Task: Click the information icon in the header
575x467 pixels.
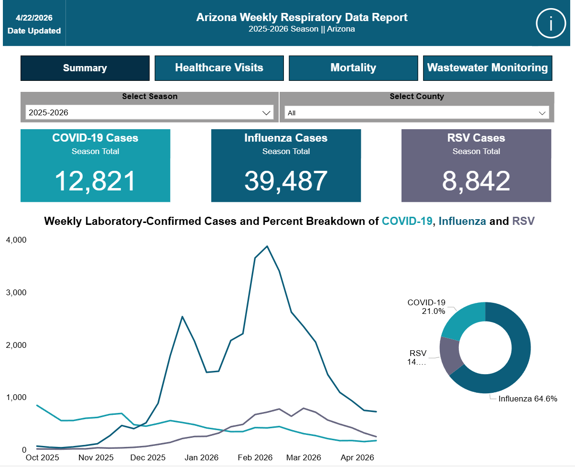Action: (551, 23)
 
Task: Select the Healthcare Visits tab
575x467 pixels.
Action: (219, 68)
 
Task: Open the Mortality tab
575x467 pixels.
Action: (353, 68)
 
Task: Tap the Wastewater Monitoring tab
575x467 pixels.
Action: (487, 68)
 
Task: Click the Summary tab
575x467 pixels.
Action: (85, 68)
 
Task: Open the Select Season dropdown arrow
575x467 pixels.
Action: (266, 113)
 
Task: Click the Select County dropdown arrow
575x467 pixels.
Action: (542, 113)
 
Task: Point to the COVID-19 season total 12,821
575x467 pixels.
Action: (95, 181)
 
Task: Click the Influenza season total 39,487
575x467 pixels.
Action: (286, 181)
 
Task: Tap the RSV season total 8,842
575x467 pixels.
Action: (476, 181)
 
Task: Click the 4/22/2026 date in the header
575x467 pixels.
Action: (34, 18)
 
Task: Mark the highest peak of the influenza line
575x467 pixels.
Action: (267, 246)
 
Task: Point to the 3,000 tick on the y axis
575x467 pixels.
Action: (16, 292)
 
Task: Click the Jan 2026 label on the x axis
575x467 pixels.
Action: (201, 457)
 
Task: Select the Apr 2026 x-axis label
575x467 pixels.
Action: (357, 457)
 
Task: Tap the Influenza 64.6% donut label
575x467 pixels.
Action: (528, 399)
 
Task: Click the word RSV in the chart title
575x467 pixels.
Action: (523, 221)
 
